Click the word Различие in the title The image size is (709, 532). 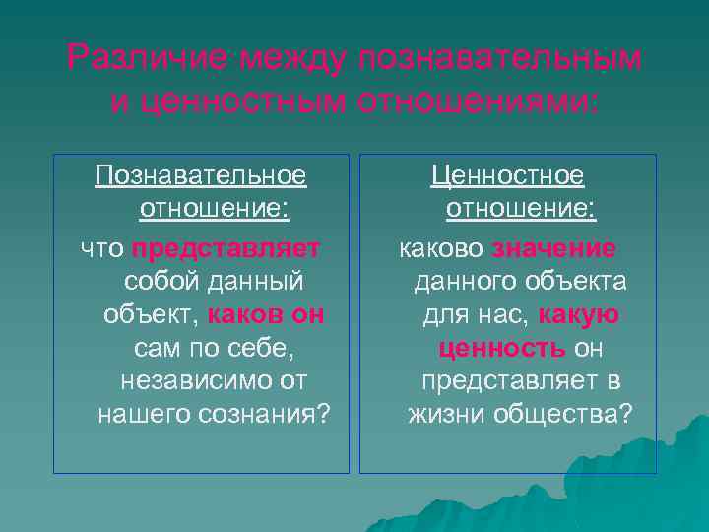[131, 59]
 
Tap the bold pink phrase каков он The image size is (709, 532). [267, 315]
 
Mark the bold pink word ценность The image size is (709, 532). [502, 349]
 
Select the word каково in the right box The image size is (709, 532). [441, 247]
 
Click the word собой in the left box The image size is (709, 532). [161, 281]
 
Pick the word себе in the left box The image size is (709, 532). [266, 349]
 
